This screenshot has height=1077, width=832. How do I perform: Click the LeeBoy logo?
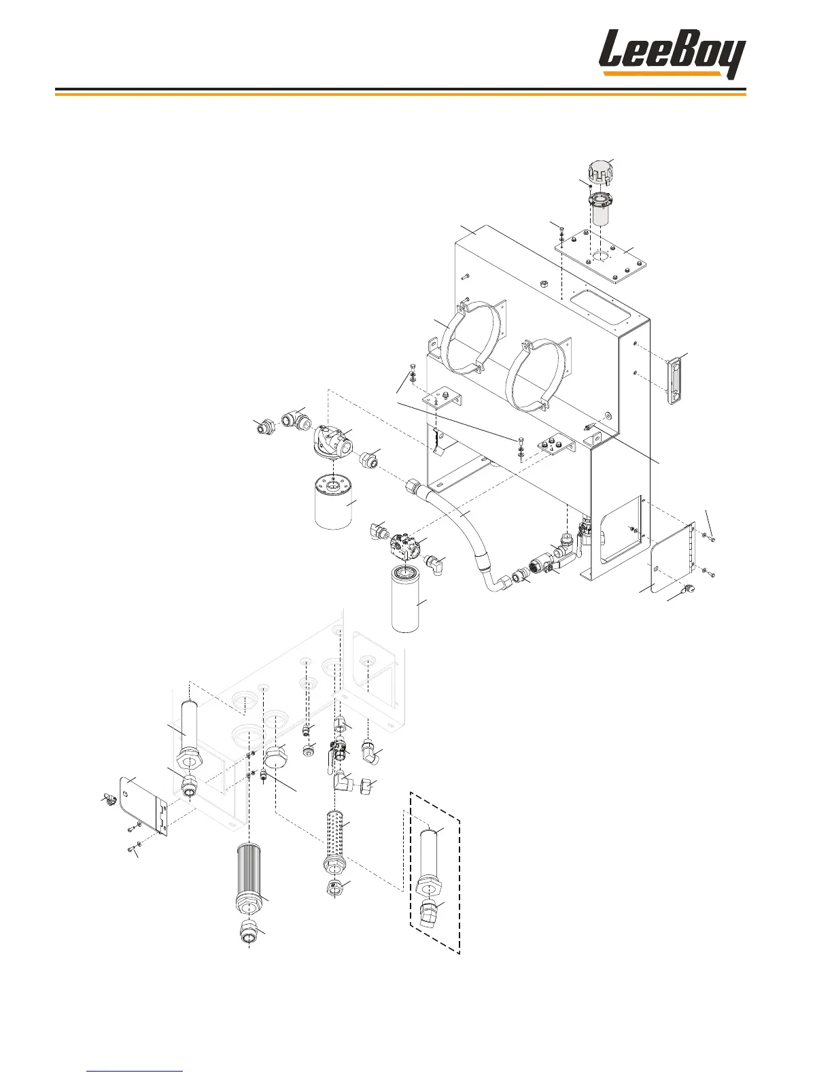coord(672,54)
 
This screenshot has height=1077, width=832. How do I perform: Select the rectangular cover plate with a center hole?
coord(600,256)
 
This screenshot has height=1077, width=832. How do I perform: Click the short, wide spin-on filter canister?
coord(333,500)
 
